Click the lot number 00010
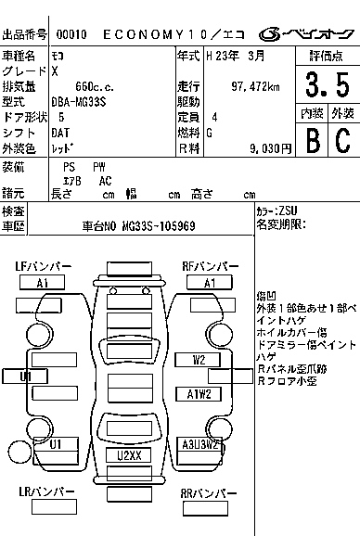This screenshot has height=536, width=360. tap(71, 34)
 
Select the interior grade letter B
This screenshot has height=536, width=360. tap(312, 140)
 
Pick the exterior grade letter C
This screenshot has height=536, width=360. tap(342, 140)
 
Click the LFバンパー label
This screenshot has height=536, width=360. tap(43, 267)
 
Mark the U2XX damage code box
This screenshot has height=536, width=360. tap(128, 455)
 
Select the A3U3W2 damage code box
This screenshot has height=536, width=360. tap(200, 444)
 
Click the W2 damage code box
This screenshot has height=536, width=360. tap(199, 359)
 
